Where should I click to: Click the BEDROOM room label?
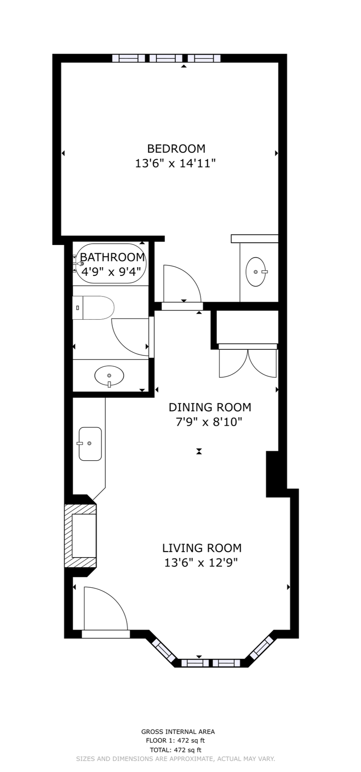pyautogui.click(x=176, y=148)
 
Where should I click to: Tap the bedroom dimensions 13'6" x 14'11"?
pyautogui.click(x=176, y=164)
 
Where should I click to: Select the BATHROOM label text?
pyautogui.click(x=112, y=257)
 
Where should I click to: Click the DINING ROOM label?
pyautogui.click(x=210, y=407)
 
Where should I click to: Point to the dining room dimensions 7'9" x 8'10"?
pyautogui.click(x=205, y=422)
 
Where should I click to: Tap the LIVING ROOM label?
pyautogui.click(x=202, y=548)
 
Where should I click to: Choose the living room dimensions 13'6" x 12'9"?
pyautogui.click(x=201, y=563)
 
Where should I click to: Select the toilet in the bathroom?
pyautogui.click(x=94, y=307)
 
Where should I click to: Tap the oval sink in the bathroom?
pyautogui.click(x=109, y=376)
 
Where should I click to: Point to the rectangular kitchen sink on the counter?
pyautogui.click(x=90, y=444)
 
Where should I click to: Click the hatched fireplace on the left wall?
pyautogui.click(x=80, y=536)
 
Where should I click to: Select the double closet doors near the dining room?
pyautogui.click(x=248, y=362)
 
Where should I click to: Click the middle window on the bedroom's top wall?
pyautogui.click(x=166, y=58)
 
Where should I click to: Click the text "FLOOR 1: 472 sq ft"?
pyautogui.click(x=175, y=741)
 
